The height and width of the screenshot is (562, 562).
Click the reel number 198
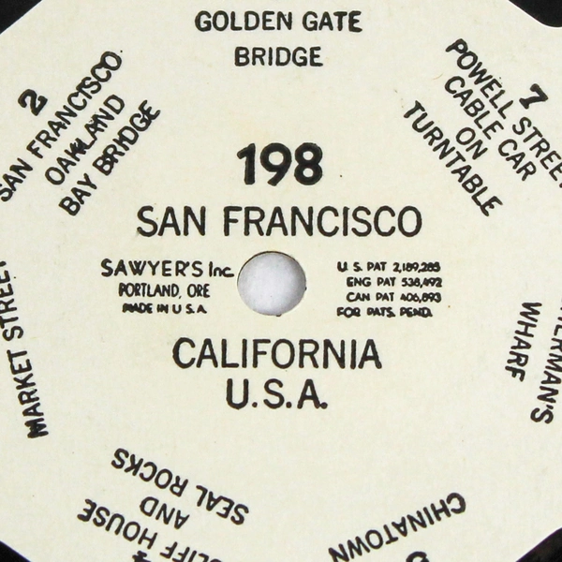(x=279, y=166)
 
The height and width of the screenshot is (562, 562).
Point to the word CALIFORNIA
(x=277, y=355)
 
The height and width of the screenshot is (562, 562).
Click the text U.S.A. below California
(x=277, y=393)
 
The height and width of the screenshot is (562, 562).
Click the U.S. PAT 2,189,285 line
(x=383, y=267)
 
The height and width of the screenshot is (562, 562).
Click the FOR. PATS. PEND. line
(x=383, y=312)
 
